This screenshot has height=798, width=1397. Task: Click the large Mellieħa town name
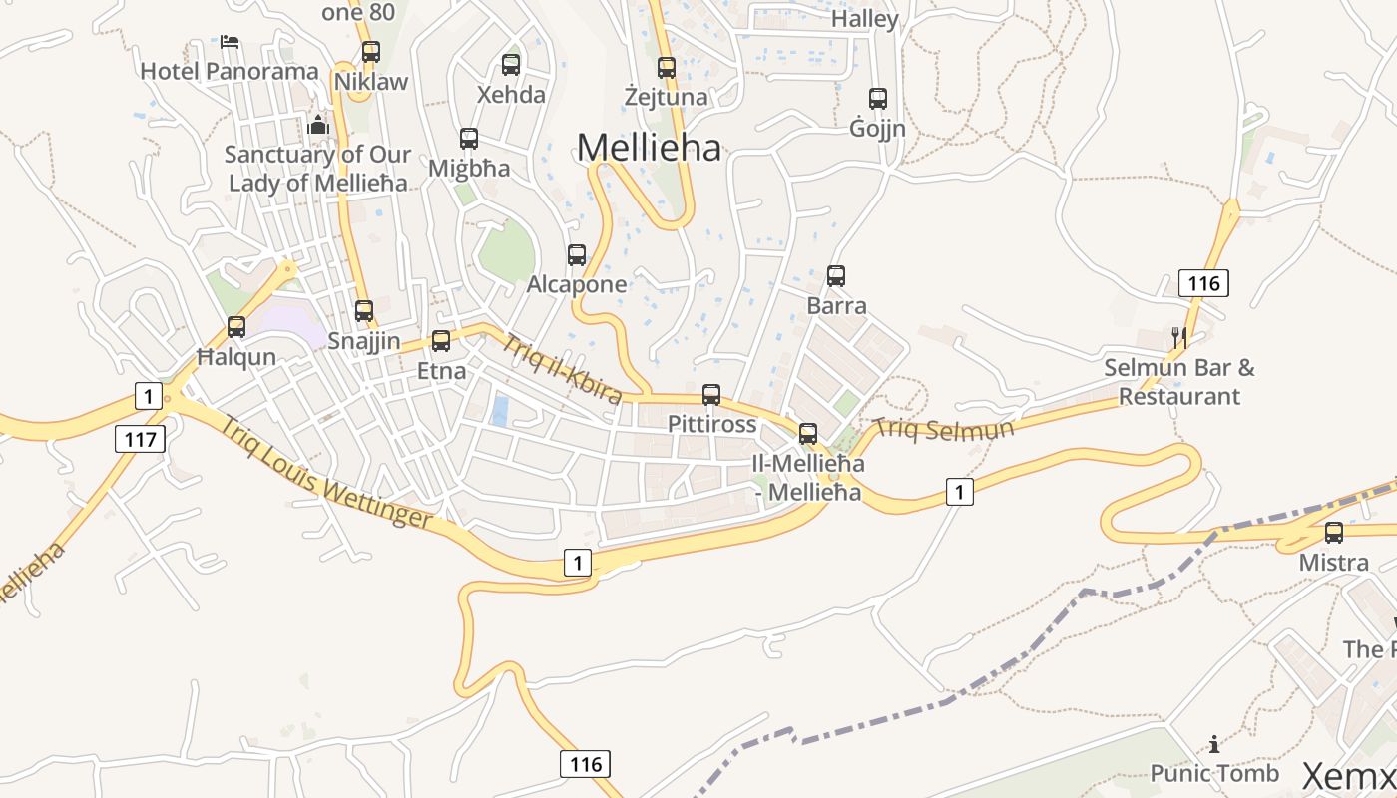click(x=649, y=148)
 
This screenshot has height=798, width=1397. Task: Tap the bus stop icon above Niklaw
click(x=371, y=52)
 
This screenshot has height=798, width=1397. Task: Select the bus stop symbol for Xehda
click(x=511, y=65)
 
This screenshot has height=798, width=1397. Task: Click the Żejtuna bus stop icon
click(x=667, y=68)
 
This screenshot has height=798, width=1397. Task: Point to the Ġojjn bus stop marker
click(x=878, y=99)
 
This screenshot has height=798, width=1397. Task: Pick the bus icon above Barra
click(x=836, y=276)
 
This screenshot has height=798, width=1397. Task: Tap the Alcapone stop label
click(x=577, y=284)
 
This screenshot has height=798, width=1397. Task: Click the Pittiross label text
click(x=711, y=423)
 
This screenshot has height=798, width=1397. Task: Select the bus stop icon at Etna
click(x=441, y=341)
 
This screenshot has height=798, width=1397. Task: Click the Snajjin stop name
click(x=364, y=341)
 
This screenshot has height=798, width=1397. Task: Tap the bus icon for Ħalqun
click(x=236, y=326)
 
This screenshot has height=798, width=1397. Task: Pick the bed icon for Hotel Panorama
click(x=230, y=43)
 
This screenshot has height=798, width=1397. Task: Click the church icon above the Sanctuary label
click(x=318, y=125)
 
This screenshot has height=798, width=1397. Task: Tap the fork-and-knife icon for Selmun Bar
click(x=1179, y=338)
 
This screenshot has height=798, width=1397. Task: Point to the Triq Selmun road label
click(x=944, y=430)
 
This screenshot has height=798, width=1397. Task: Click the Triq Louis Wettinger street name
click(x=325, y=473)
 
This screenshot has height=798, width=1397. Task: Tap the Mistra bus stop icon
click(x=1334, y=533)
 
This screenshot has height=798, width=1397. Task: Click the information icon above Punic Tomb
click(x=1214, y=744)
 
